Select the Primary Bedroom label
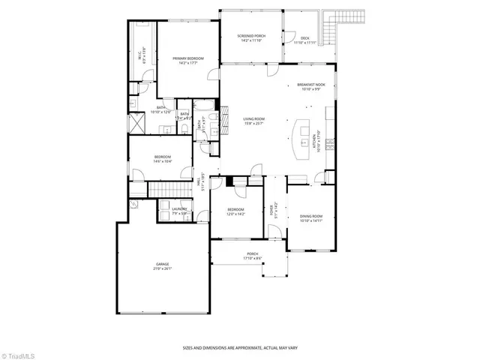point(187,60)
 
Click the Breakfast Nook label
point(310,87)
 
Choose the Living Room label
point(254,120)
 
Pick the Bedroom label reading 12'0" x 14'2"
point(235,211)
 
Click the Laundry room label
point(179,211)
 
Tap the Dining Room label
point(310,217)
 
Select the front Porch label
point(253,256)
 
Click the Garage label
point(163,266)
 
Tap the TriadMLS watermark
point(18,353)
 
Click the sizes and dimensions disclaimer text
point(239,348)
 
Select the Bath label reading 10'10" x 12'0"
point(160,109)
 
